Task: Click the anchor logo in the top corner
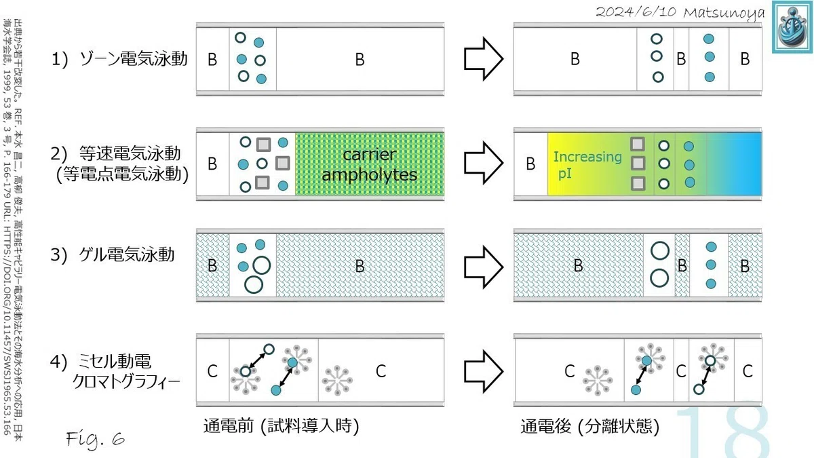pos(792,27)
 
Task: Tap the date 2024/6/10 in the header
pos(636,12)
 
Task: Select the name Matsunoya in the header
pos(724,14)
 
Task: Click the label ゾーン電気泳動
pos(134,58)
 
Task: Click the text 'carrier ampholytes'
pos(369,165)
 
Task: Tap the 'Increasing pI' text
pos(587,165)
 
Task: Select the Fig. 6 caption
pos(96,439)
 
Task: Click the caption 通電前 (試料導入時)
pos(282,426)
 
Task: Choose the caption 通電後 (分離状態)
pos(589,426)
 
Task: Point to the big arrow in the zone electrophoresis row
pos(484,59)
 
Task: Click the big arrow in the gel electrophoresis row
pos(484,267)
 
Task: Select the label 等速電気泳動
pos(130,153)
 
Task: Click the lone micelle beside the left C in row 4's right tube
pos(598,381)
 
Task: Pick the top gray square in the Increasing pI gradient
pos(638,144)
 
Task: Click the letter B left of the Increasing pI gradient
pos(530,164)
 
